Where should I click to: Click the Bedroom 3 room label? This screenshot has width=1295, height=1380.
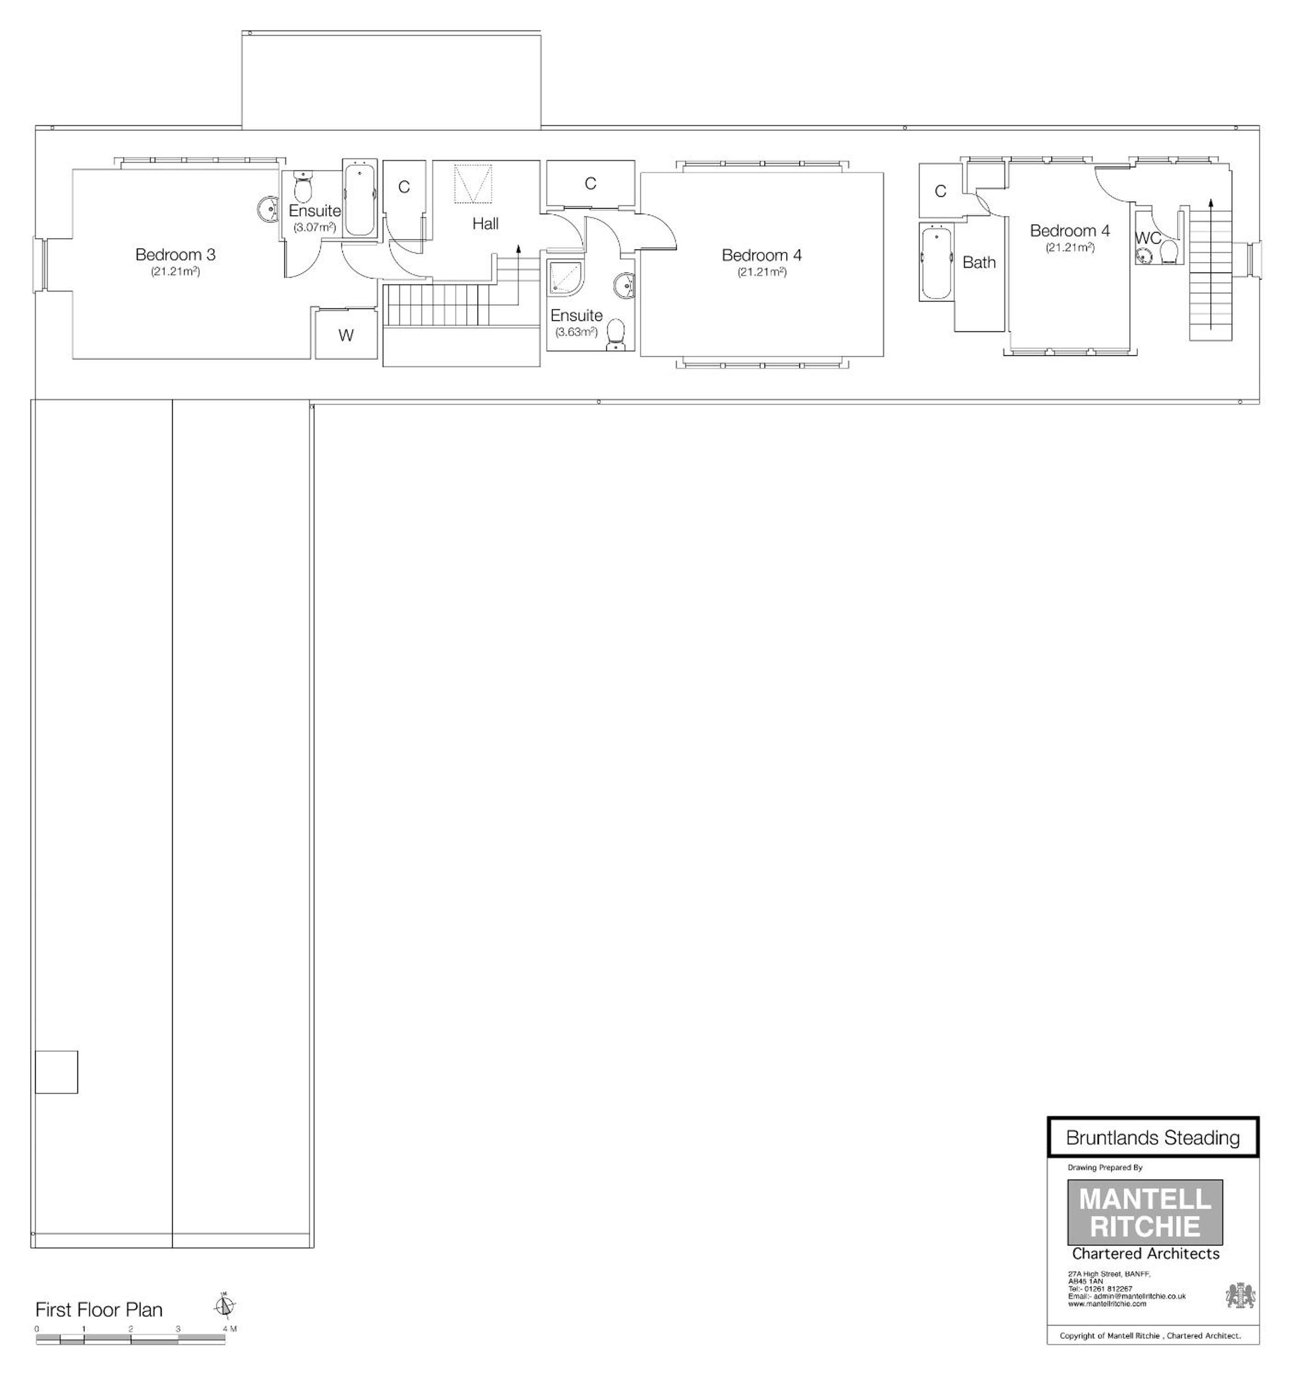176,255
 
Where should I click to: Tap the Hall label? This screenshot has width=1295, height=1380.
485,224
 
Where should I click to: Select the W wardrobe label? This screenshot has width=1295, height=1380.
346,335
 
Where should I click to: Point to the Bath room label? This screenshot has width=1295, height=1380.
979,263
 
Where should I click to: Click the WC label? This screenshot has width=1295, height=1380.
1148,238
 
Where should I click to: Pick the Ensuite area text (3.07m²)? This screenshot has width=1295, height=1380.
314,227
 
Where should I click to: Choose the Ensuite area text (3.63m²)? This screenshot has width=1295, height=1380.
576,332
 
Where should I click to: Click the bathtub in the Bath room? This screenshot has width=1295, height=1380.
936,261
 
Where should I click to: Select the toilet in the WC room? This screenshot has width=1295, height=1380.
1169,252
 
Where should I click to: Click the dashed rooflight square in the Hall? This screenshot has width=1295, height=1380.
473,184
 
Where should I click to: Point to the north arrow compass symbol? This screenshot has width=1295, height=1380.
224,1306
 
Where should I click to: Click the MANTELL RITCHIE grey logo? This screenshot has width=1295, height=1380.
1144,1212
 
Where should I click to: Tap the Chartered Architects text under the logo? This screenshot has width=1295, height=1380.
1145,1254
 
